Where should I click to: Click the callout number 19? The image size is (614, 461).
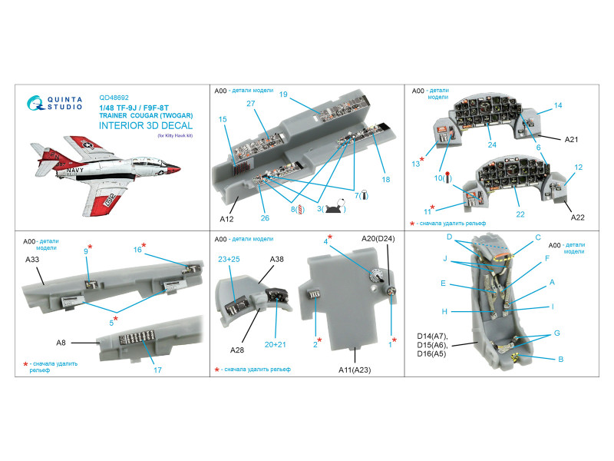coord(283,95)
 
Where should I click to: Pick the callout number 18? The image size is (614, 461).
coord(385,179)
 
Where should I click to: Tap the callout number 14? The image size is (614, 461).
coord(558,105)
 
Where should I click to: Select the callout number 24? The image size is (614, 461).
coord(492,144)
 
